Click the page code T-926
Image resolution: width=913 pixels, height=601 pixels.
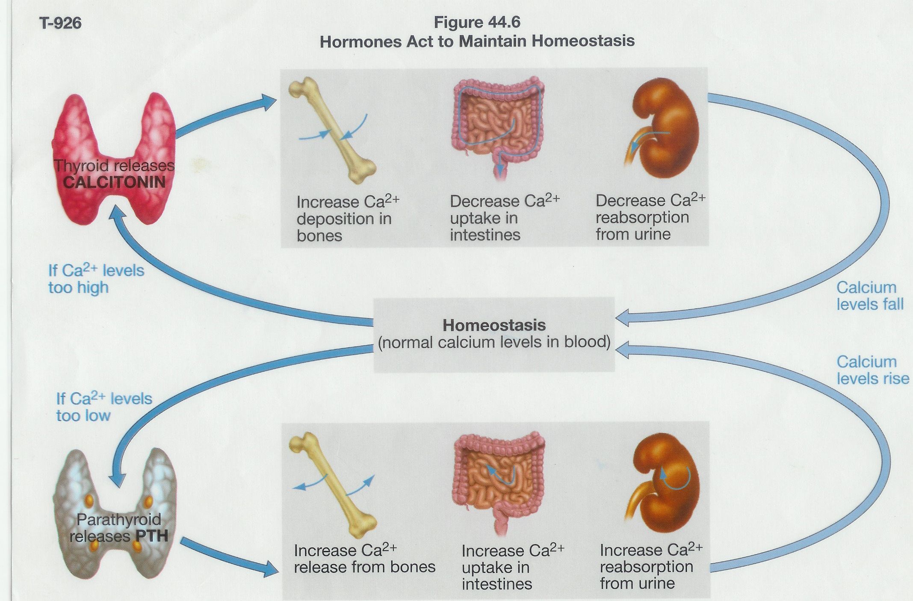60,23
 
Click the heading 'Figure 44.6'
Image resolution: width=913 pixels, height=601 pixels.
477,22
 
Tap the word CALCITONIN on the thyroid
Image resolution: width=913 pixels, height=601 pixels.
114,182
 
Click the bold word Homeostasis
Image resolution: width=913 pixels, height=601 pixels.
494,325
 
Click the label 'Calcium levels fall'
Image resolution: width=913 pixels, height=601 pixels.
869,296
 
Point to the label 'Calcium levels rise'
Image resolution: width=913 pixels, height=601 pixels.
872,370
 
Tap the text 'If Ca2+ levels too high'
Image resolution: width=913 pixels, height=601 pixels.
96,278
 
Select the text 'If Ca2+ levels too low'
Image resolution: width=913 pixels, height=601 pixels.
104,407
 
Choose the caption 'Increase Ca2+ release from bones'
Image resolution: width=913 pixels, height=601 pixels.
364,559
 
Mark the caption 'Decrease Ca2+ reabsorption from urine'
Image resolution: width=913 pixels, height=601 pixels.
650,217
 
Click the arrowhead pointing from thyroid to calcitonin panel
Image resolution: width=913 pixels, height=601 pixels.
269,101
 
